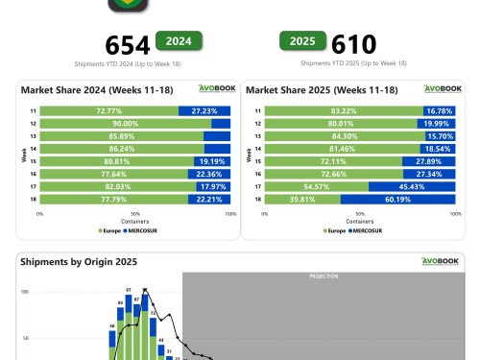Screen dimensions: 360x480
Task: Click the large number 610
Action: click(x=352, y=44)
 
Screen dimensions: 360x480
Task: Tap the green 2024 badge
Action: click(x=179, y=41)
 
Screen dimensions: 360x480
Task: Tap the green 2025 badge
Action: click(x=302, y=40)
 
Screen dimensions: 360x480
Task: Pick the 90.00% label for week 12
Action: click(x=125, y=124)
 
